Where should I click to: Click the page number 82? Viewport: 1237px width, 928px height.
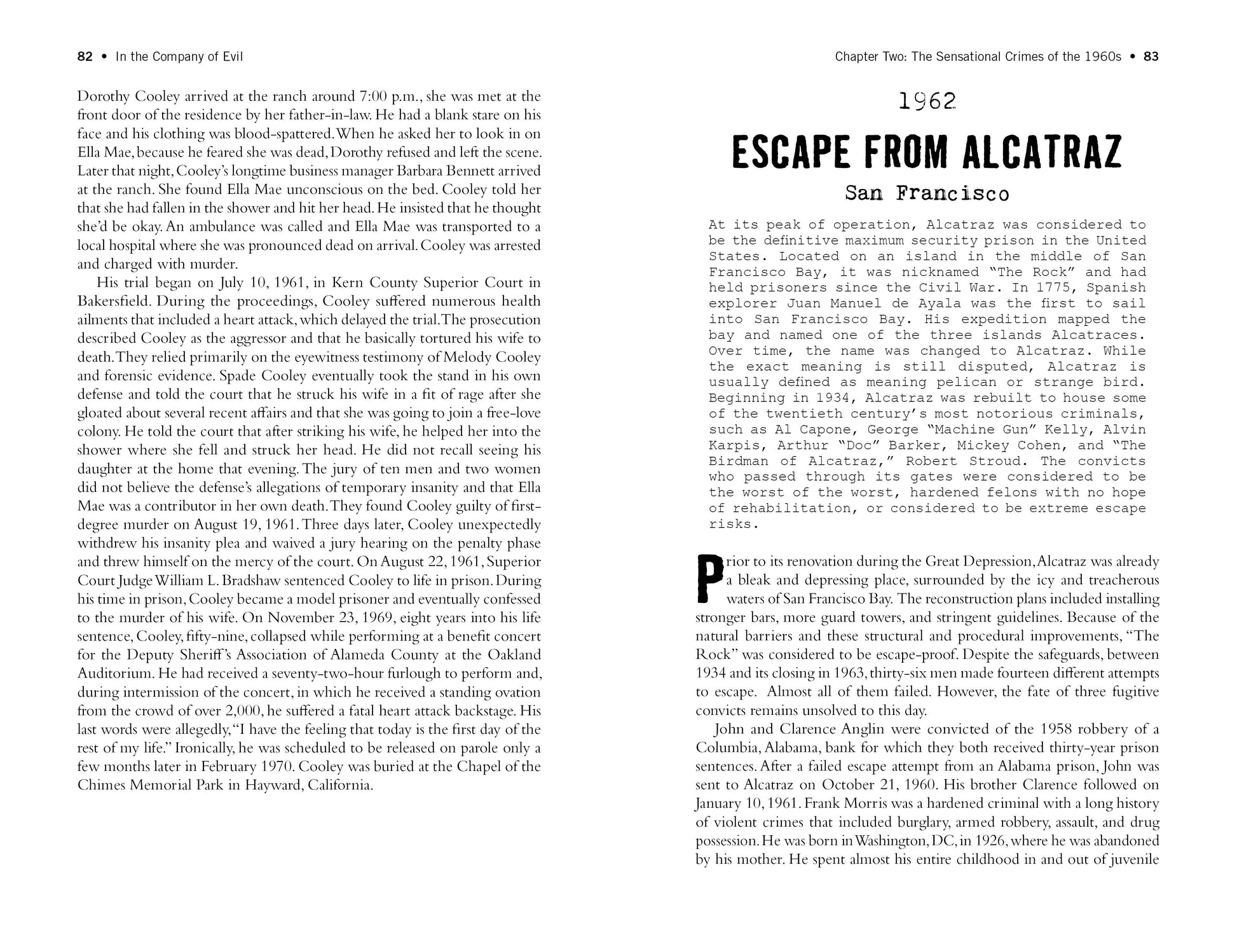[x=85, y=57]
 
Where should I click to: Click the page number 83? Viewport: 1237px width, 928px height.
[x=1151, y=57]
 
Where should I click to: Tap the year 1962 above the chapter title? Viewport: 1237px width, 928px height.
[x=927, y=101]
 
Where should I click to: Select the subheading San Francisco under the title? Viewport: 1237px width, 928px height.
[x=927, y=193]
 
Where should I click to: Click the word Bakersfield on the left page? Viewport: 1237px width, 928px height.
[x=113, y=301]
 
